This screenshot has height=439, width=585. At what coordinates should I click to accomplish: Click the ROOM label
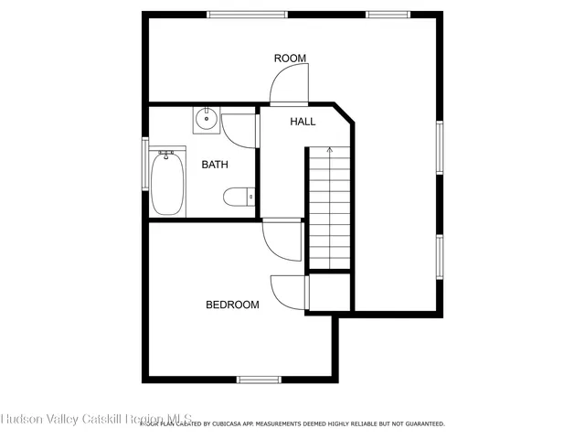(x=290, y=59)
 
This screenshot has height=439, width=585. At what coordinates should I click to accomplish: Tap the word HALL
(x=303, y=122)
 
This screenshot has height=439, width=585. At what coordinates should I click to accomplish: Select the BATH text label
(x=215, y=165)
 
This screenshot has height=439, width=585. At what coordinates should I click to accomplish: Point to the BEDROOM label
(x=231, y=305)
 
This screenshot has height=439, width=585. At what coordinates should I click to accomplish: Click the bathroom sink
(x=207, y=118)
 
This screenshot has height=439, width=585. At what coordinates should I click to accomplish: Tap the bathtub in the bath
(x=168, y=183)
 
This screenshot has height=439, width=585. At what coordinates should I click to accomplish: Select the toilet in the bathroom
(x=239, y=196)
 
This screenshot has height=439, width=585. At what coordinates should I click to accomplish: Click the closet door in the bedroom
(x=289, y=292)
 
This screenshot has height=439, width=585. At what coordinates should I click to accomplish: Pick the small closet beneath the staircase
(x=329, y=292)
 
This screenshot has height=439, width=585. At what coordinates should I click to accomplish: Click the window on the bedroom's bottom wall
(x=258, y=379)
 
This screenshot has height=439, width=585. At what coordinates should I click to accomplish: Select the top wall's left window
(x=247, y=15)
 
